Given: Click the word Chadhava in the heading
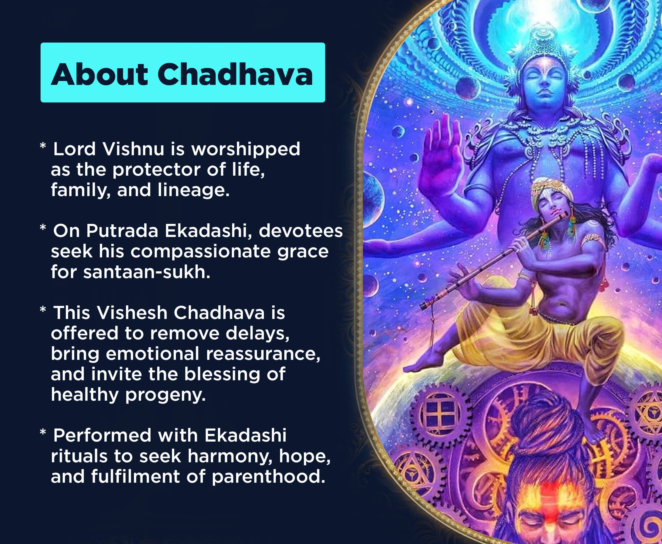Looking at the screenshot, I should (x=235, y=74).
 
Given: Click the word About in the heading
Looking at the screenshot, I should (x=99, y=74).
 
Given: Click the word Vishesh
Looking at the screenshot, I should (x=132, y=313).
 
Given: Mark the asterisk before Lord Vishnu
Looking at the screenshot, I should (x=43, y=146).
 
